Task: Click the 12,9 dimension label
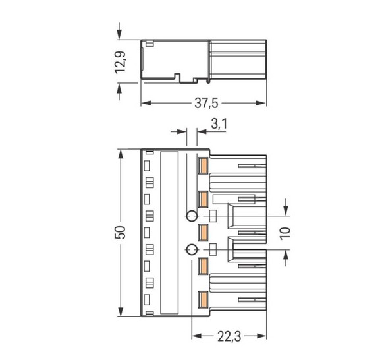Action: (120, 62)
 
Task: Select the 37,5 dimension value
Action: (206, 103)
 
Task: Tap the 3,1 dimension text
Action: (219, 123)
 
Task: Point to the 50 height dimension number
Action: (120, 232)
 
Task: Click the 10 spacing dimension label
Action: (285, 233)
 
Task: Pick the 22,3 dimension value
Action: (229, 337)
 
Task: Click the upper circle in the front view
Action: (191, 216)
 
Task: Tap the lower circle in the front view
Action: (191, 250)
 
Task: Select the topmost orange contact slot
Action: (203, 166)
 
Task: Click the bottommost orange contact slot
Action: (203, 299)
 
